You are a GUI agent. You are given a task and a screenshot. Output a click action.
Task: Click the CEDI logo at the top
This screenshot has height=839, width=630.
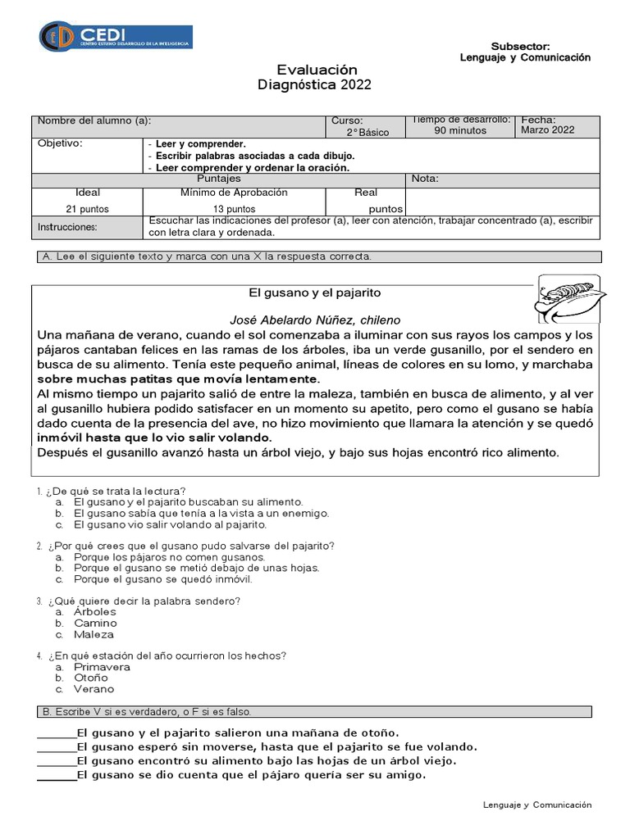coord(115,36)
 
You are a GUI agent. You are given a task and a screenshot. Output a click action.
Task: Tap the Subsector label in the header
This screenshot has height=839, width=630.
coord(520,47)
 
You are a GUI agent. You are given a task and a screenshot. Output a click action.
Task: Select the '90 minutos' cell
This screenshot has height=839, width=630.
coord(460,130)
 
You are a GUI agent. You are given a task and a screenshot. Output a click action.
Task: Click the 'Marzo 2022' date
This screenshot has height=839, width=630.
coord(548,129)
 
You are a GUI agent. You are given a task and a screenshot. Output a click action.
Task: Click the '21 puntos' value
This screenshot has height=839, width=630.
coord(88,209)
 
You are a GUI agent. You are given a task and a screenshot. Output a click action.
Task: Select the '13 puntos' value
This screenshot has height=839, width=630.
coord(234,209)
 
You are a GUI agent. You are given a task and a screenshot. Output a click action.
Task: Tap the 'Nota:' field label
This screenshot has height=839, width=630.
coord(425,179)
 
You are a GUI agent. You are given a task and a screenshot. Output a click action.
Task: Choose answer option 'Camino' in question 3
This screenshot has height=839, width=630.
coord(95,624)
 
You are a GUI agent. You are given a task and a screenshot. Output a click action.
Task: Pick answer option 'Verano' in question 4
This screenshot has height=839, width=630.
coord(94,689)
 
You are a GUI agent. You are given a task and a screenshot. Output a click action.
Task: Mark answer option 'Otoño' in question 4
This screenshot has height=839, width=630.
coord(90,678)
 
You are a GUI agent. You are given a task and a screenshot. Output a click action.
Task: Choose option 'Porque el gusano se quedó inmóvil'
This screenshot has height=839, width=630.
coord(162,579)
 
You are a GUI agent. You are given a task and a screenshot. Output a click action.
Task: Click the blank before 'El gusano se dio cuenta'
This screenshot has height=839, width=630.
coord(57,775)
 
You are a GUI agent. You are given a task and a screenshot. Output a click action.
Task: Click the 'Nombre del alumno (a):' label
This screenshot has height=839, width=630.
coord(94,120)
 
